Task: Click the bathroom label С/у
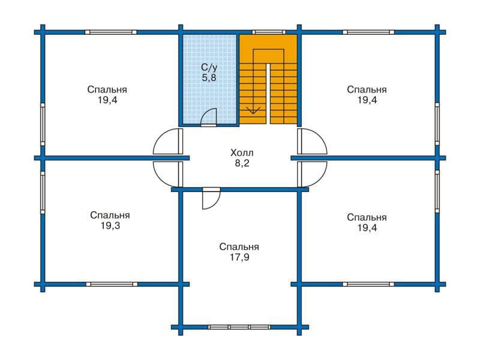209,67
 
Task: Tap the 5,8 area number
209,78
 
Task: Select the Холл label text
242,152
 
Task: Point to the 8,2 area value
242,163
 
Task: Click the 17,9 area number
239,257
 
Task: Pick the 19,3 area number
110,226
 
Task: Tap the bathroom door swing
209,117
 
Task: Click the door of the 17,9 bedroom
211,199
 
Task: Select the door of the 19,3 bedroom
168,174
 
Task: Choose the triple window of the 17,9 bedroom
239,327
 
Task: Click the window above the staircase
269,32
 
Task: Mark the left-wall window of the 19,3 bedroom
43,192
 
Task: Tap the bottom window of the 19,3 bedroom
112,284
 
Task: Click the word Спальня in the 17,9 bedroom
239,247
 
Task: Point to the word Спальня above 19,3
110,215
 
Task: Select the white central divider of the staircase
268,94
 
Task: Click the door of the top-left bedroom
168,142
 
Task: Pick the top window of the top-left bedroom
110,32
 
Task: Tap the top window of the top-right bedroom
368,32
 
